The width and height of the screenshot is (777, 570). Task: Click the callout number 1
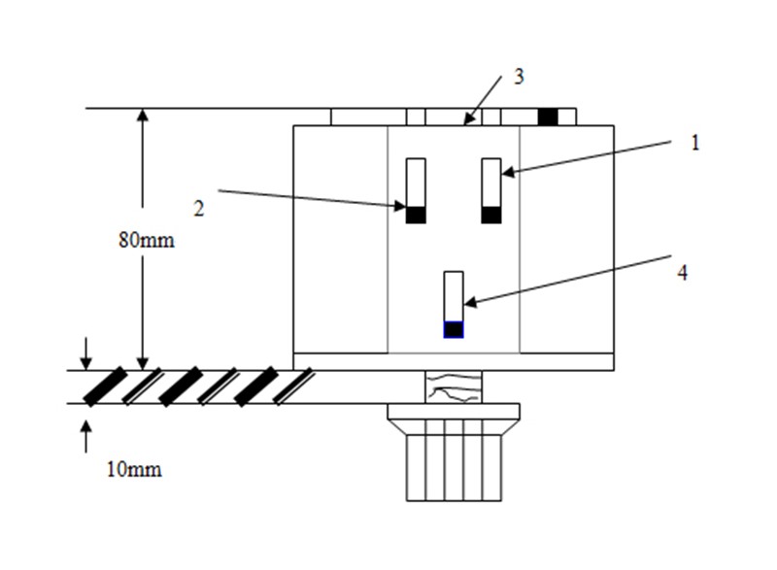694,142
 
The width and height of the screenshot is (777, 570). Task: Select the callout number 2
199,208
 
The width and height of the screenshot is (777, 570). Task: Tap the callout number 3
519,77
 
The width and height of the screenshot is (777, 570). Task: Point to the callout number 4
682,273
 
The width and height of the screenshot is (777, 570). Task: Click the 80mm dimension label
147,240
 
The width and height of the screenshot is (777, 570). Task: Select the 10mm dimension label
134,471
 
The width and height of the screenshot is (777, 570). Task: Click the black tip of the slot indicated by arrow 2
416,216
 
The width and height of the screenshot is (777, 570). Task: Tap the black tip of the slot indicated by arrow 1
491,216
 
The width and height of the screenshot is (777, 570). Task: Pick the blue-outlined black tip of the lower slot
454,329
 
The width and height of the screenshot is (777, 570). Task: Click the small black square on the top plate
549,117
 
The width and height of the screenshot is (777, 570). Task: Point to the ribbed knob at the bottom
454,460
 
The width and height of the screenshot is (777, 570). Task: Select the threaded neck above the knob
454,386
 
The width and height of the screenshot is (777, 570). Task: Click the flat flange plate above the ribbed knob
454,412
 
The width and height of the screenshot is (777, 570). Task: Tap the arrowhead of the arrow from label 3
469,121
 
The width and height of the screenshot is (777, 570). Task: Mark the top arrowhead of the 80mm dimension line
143,116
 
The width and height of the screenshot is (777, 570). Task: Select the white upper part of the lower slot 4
454,295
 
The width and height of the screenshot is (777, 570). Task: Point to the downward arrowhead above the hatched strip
85,361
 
